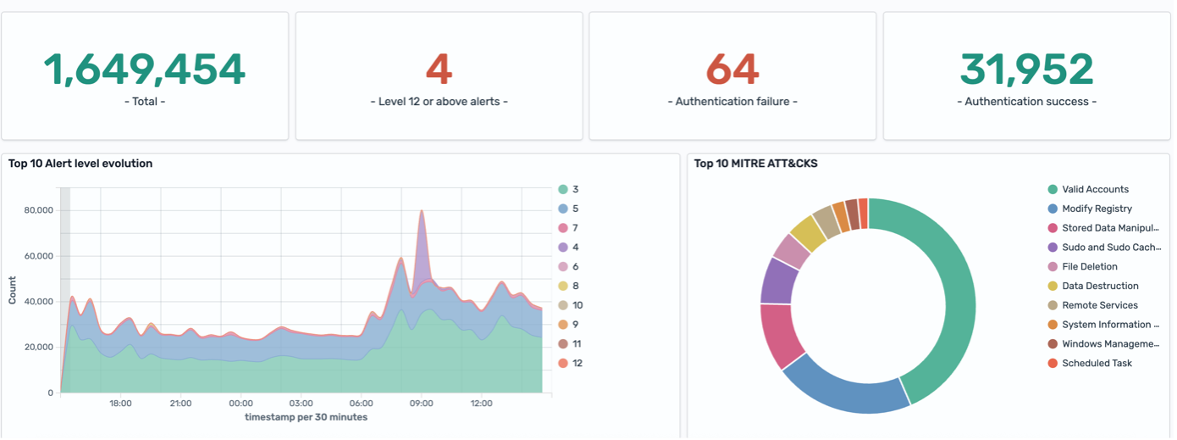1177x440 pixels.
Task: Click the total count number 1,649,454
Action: click(144, 70)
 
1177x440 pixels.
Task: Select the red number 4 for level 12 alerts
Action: click(439, 70)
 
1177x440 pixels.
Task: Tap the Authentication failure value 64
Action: click(732, 70)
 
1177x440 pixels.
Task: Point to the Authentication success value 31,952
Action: click(1026, 70)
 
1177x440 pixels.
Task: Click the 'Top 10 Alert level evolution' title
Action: click(80, 164)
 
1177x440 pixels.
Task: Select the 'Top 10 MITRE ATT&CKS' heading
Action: click(755, 164)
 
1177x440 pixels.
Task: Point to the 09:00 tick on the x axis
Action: click(422, 404)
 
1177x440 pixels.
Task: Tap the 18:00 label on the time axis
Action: click(120, 404)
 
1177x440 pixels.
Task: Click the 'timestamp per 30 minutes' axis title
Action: click(306, 417)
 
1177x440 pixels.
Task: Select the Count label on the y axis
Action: click(13, 290)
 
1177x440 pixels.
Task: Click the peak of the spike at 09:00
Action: click(422, 212)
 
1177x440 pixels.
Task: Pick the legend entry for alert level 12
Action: click(576, 363)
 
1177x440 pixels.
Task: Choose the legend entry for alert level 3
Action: click(575, 189)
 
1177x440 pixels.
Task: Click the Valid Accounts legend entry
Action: click(1095, 189)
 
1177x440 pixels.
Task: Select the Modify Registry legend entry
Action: click(1097, 209)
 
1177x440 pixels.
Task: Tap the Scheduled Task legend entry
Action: click(1097, 363)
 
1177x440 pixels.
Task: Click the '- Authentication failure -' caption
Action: click(732, 102)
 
